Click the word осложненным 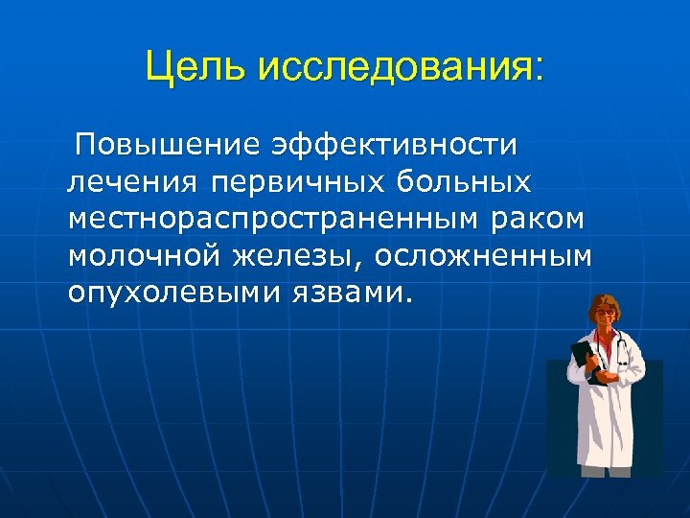(x=483, y=255)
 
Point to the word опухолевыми (x=168, y=292)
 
